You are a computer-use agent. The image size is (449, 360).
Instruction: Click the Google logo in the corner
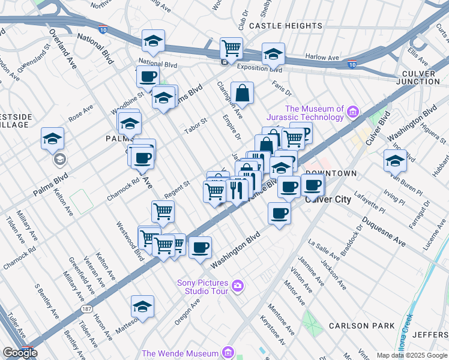point(20,353)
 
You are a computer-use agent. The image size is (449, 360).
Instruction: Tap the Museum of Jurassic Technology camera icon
point(352,111)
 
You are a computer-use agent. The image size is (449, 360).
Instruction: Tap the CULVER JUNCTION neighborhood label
point(418,77)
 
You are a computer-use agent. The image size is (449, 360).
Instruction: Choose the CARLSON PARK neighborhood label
point(361,326)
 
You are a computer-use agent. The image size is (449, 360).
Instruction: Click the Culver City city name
point(328,199)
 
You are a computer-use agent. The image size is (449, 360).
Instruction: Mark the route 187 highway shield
point(88,308)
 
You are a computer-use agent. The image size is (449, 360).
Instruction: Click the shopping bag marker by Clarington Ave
point(242,93)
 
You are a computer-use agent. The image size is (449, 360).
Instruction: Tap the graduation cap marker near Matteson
point(143,306)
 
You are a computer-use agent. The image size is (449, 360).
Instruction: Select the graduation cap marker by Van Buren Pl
point(395,160)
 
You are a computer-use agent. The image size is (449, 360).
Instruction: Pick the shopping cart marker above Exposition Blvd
point(231,47)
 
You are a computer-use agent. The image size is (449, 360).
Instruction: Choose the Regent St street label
point(178,190)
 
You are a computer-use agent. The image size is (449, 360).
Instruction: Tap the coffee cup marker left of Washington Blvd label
point(200,247)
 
